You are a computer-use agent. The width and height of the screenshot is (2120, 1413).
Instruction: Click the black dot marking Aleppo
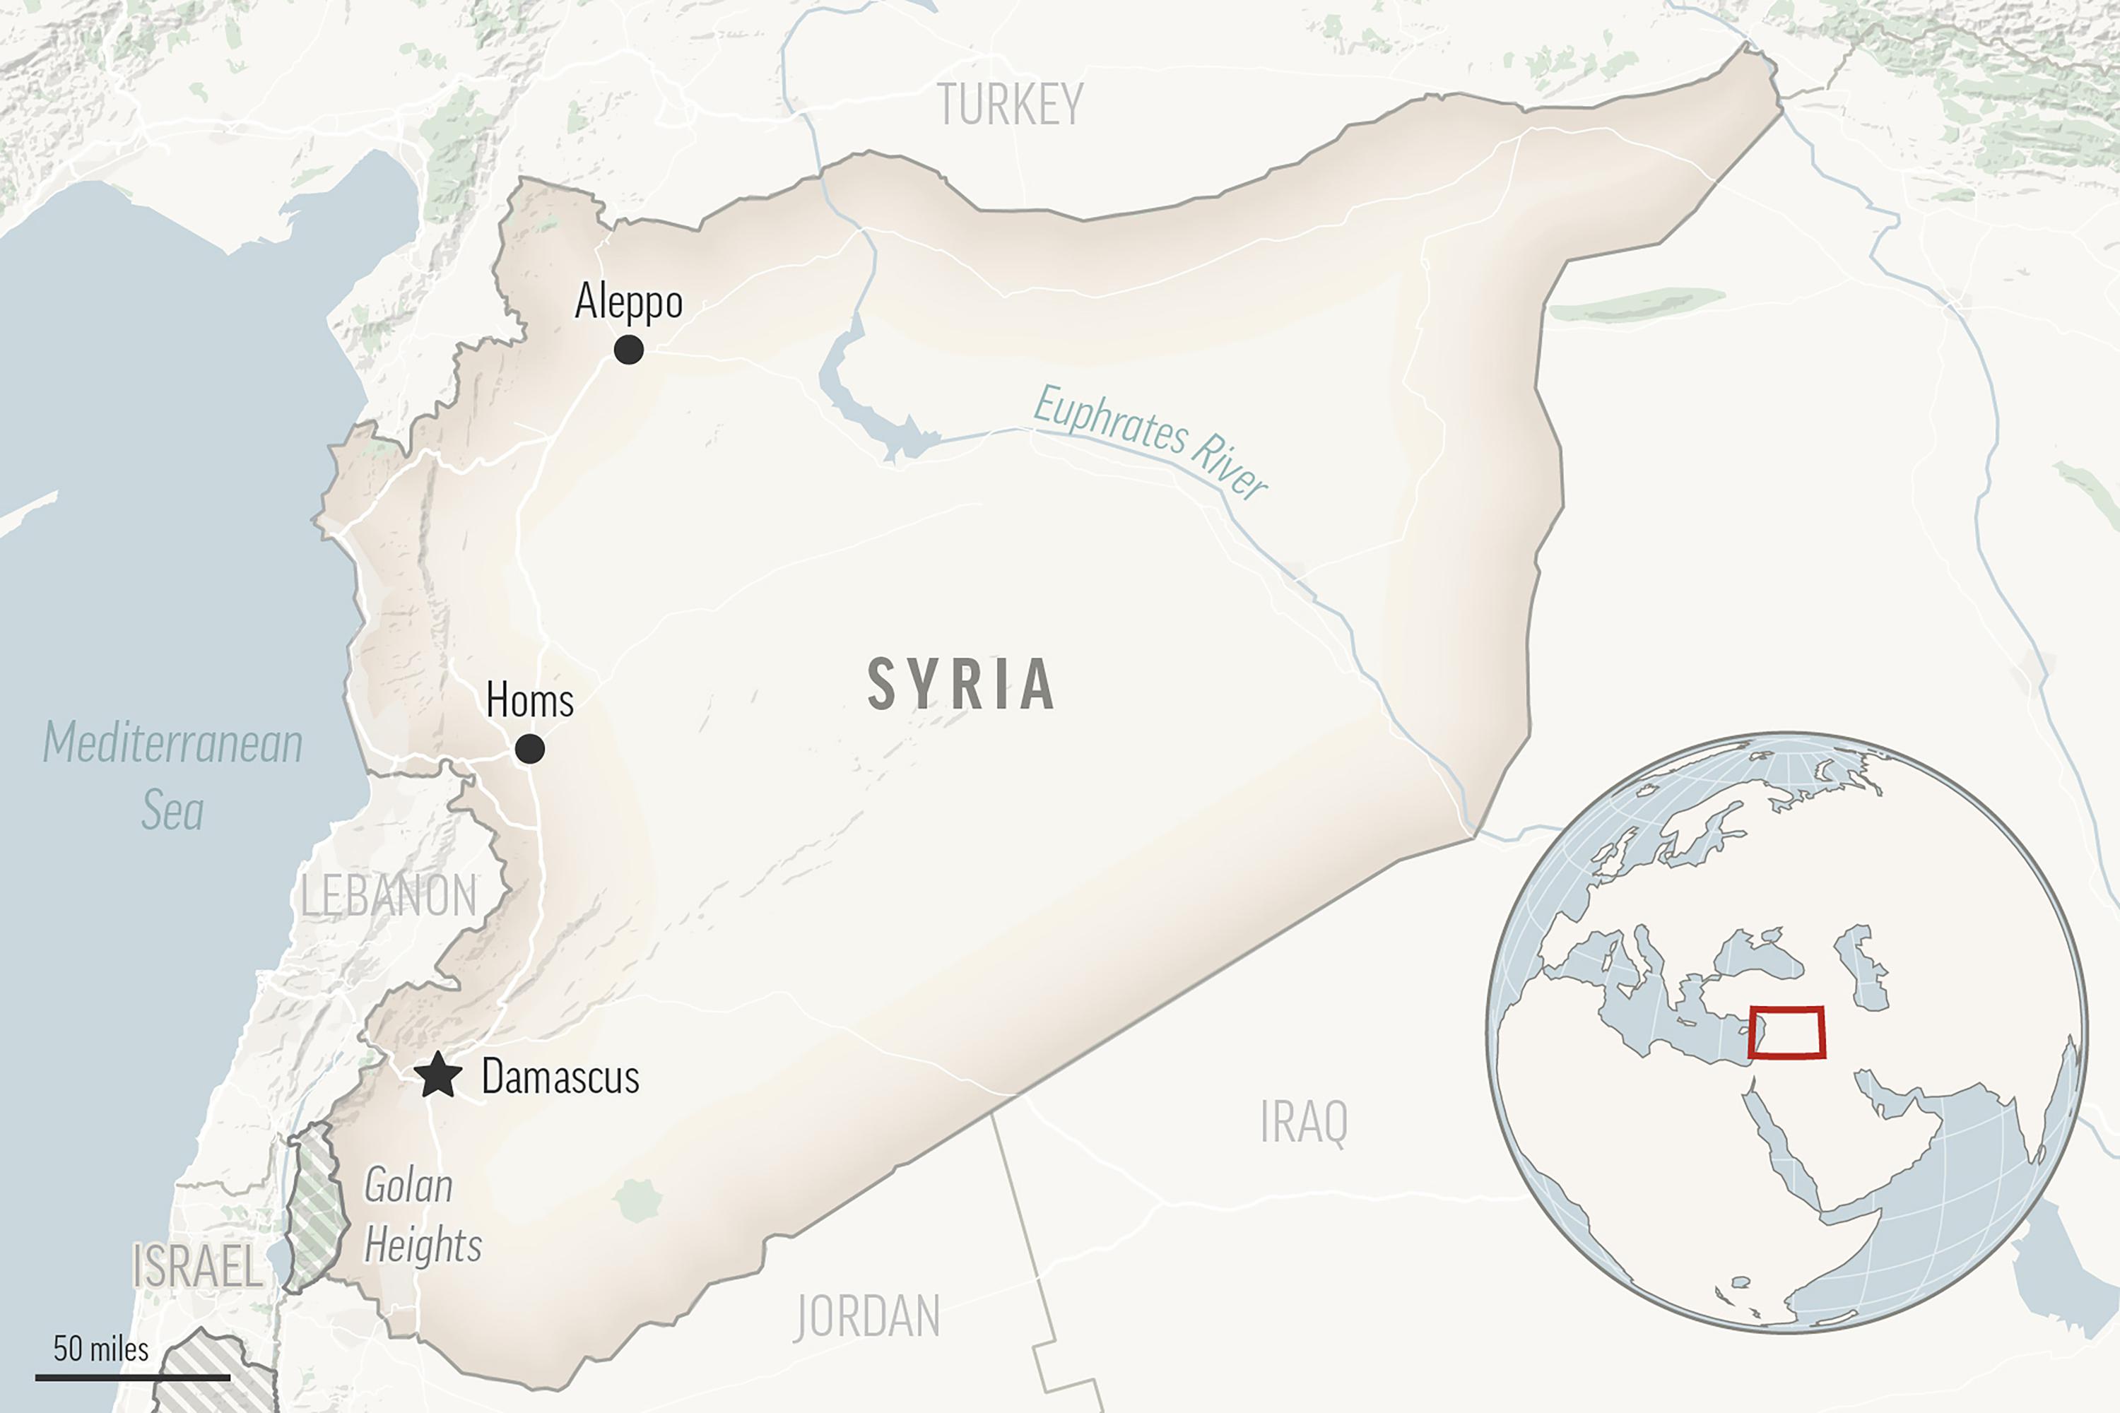click(628, 350)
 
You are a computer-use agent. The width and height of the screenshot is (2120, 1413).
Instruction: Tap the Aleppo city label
click(628, 301)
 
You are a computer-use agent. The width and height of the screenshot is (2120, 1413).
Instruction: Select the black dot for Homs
click(529, 749)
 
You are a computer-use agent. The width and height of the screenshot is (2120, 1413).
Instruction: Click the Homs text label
click(529, 700)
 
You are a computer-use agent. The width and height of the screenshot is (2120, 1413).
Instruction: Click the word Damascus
click(560, 1077)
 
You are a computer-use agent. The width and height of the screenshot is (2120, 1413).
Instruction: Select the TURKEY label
click(1010, 105)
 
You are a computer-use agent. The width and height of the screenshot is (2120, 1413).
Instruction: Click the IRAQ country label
click(1303, 1123)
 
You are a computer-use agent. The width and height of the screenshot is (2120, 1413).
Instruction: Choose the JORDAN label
click(867, 1317)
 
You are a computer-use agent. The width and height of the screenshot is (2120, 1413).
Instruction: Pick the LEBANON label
click(387, 896)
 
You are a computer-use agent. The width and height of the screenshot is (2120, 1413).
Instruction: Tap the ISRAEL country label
click(196, 1266)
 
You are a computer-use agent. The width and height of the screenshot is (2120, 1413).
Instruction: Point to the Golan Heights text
click(420, 1216)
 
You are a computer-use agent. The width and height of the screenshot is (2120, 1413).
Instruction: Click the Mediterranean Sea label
click(172, 776)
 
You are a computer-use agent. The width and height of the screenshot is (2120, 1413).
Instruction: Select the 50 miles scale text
click(100, 1349)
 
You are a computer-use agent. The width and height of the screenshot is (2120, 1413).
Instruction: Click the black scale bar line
click(133, 1377)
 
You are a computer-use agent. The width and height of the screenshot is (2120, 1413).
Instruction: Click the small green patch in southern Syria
click(638, 1200)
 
